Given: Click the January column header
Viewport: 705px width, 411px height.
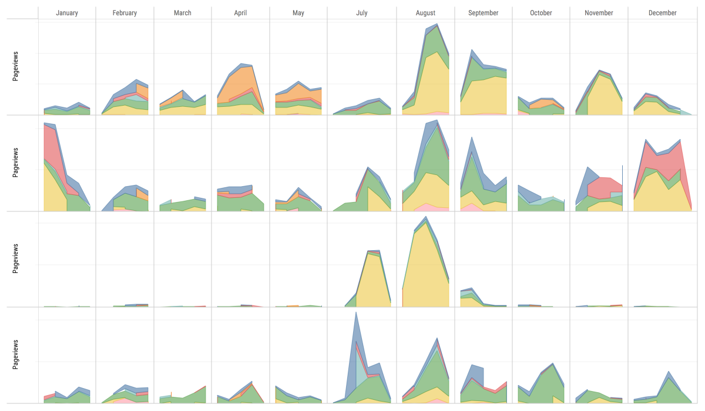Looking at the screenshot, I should click(67, 13).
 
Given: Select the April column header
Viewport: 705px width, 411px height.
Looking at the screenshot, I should click(240, 13).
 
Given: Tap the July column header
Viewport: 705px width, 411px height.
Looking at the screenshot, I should click(361, 13).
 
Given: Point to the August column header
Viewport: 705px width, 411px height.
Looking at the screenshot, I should click(425, 13).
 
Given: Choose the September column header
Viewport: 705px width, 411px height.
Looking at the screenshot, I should click(484, 13).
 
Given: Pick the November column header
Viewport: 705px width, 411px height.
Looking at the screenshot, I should click(599, 13).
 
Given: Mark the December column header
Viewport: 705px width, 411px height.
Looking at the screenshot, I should click(663, 13).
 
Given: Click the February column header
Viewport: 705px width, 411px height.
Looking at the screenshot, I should click(125, 13).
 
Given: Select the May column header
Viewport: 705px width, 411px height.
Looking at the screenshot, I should click(298, 13).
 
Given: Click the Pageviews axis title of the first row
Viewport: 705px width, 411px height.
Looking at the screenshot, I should click(15, 68).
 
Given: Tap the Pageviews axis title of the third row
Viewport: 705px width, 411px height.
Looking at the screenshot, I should click(15, 259).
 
